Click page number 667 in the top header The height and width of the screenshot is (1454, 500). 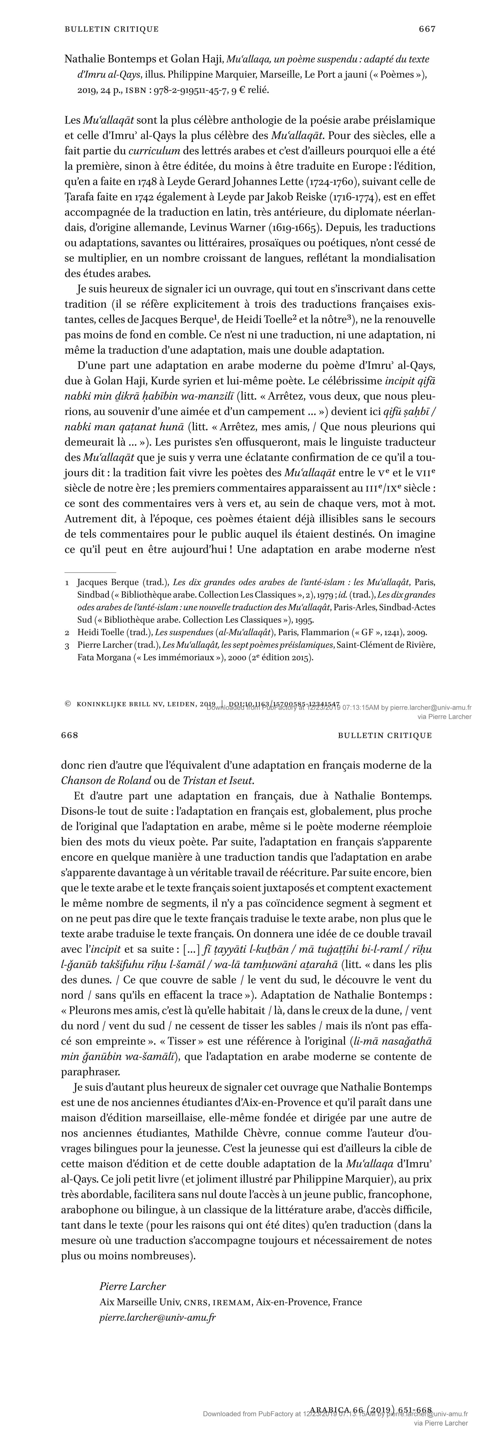(x=427, y=29)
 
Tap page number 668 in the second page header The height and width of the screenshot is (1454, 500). (x=69, y=735)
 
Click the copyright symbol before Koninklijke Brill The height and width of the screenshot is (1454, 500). (x=68, y=704)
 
